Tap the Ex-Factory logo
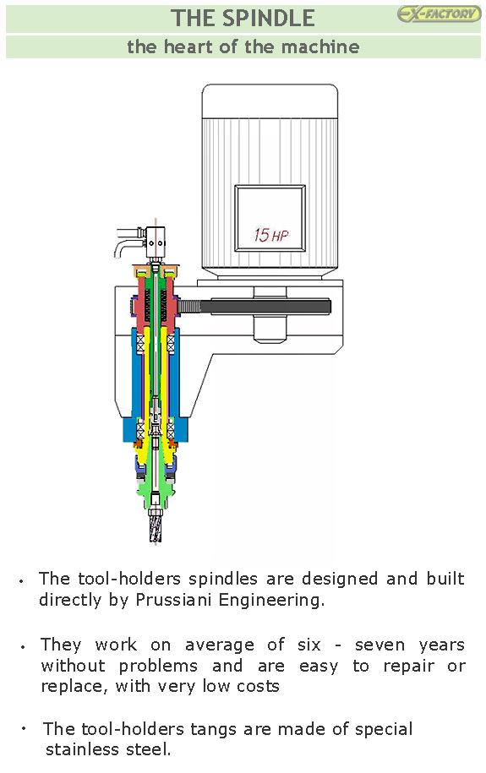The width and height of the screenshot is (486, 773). click(x=439, y=14)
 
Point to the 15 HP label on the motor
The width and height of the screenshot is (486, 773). click(x=270, y=235)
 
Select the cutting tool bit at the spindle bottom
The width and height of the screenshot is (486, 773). click(x=156, y=526)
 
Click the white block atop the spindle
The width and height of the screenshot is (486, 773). click(x=156, y=242)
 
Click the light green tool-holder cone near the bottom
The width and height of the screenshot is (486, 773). click(x=155, y=487)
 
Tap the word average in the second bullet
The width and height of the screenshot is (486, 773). click(x=220, y=645)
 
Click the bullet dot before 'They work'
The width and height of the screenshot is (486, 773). click(x=23, y=646)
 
